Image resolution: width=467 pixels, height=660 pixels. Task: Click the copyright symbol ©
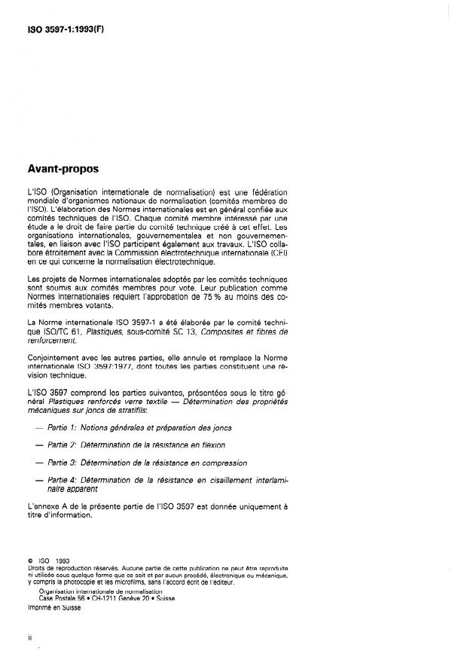29,561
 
